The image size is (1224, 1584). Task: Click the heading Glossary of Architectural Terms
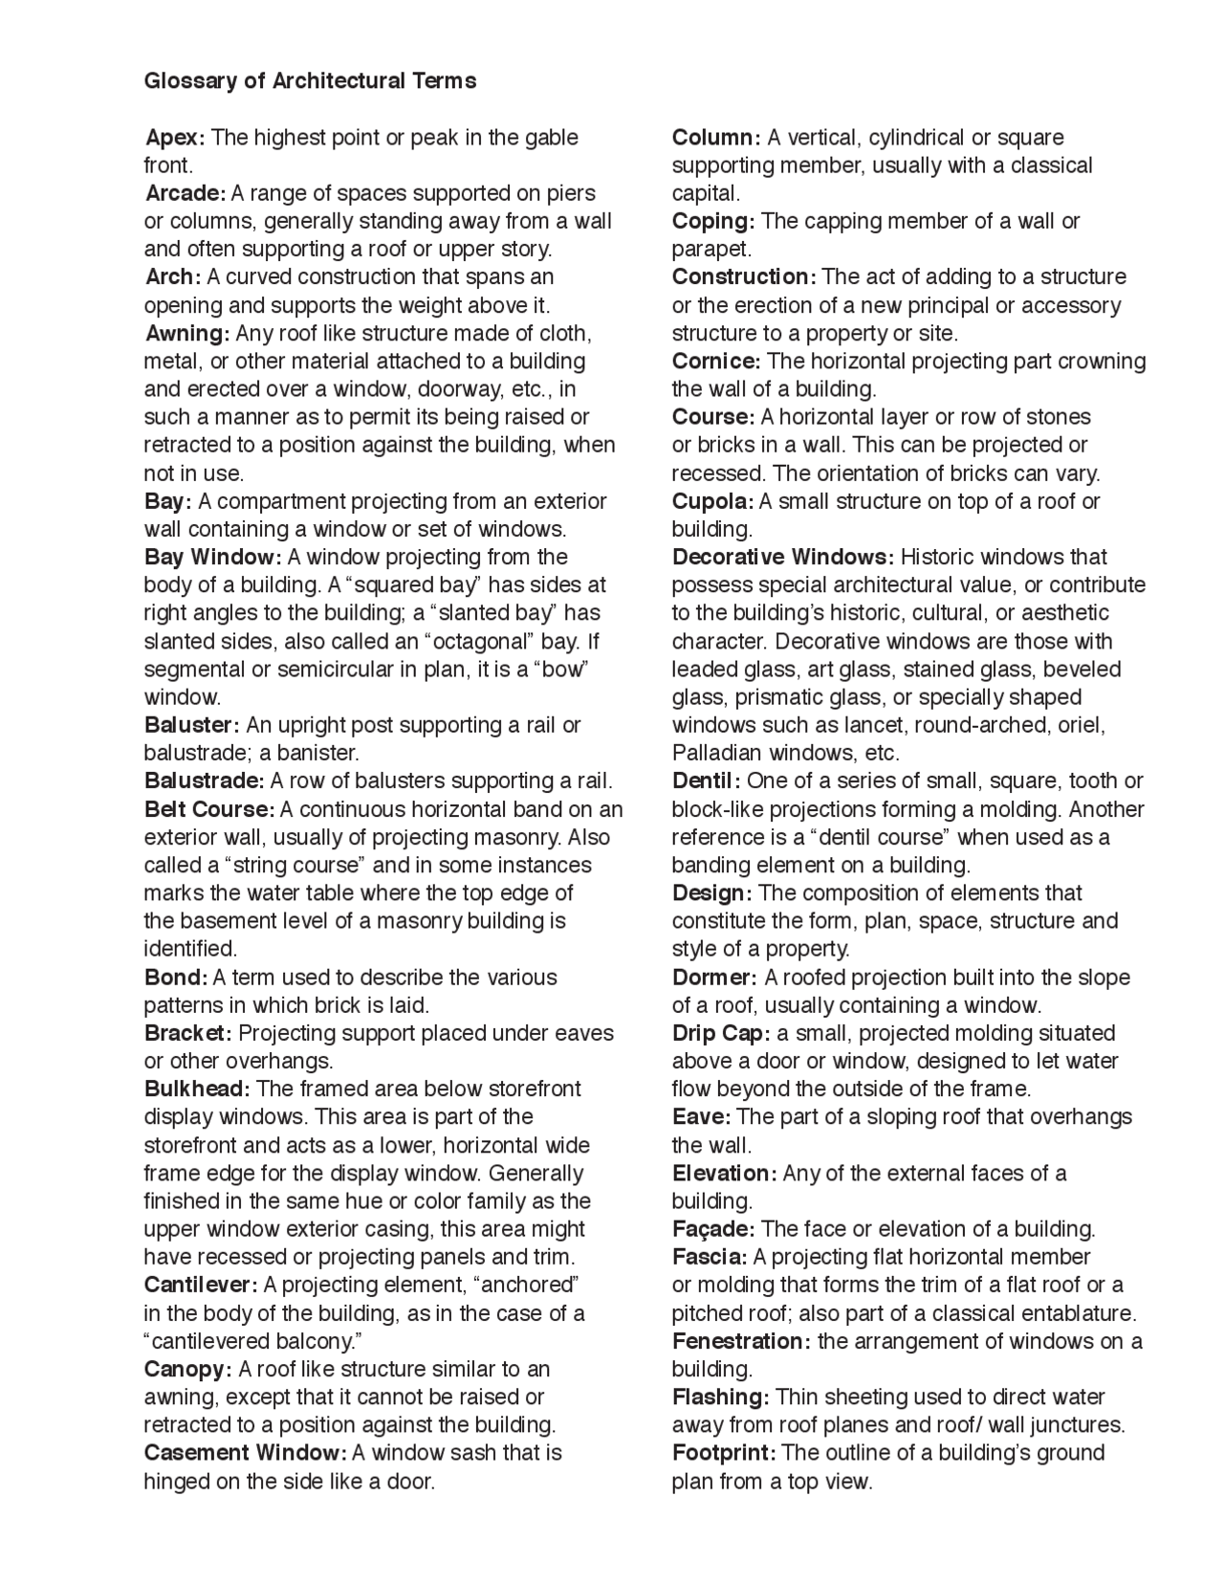pos(310,81)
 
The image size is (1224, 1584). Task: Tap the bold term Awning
pos(187,334)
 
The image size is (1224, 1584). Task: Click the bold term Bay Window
pos(212,558)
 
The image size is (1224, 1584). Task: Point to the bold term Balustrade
pos(204,781)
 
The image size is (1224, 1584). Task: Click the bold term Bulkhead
pos(197,1089)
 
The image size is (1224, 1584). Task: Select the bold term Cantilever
pos(201,1285)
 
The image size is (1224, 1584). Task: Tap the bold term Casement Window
pos(245,1453)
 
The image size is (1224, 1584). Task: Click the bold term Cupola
pos(712,502)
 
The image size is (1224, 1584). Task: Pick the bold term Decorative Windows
pos(782,558)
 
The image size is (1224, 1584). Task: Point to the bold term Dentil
pos(706,781)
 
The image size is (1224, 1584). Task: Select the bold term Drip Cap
pos(720,1034)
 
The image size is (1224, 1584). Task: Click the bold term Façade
pos(712,1229)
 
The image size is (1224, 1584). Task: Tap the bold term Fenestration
pos(740,1341)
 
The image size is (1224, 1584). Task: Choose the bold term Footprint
pos(723,1453)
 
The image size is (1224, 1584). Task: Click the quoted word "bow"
pos(564,670)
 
